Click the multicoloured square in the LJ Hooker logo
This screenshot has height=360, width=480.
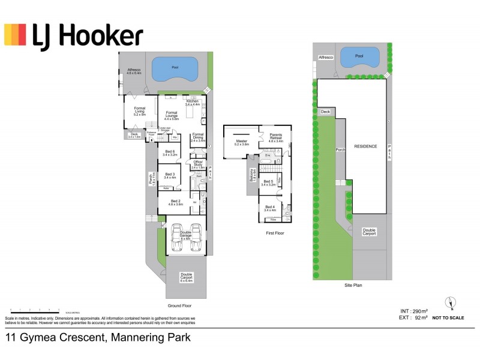tap(15, 35)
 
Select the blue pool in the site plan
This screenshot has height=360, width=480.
tap(359, 58)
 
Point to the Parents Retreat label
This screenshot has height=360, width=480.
tap(276, 137)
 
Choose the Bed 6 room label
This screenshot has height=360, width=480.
tap(170, 152)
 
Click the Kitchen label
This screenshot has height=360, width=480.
tap(192, 103)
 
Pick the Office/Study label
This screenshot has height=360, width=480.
tap(197, 164)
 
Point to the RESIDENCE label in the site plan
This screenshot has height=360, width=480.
tap(365, 146)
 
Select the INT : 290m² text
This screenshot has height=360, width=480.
tap(414, 311)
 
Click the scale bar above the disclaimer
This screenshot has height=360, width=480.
tap(33, 310)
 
